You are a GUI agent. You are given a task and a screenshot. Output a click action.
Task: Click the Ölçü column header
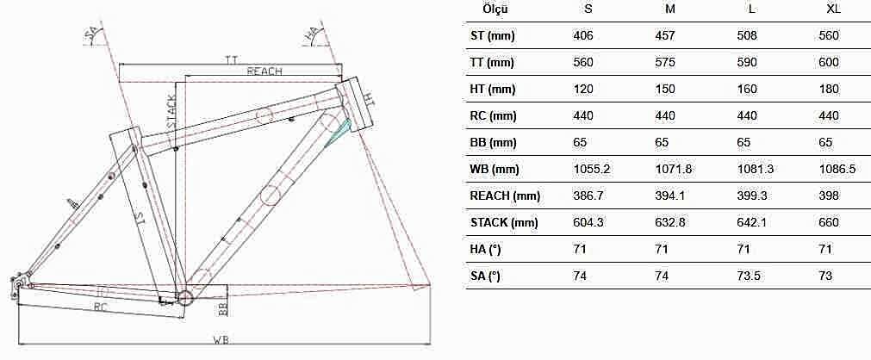tap(495, 9)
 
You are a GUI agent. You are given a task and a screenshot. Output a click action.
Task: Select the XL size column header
tap(834, 9)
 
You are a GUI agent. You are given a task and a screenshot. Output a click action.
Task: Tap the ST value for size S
tap(583, 35)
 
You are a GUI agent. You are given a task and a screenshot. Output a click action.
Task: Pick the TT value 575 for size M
tap(665, 62)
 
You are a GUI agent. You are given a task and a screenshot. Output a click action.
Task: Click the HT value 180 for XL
tap(829, 89)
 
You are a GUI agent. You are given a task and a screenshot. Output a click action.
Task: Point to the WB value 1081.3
tap(755, 169)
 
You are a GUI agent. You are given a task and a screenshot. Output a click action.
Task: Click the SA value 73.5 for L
tap(749, 276)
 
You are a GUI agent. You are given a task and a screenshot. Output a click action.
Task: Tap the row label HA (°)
tap(486, 249)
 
